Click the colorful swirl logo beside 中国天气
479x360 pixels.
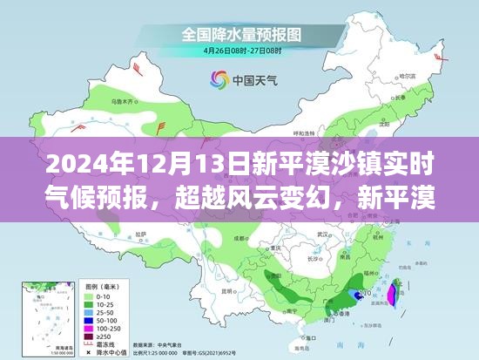point(215,80)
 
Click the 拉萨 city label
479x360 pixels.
point(140,236)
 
